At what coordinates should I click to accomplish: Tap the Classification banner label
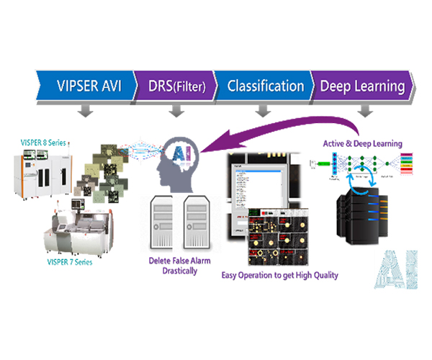point(266,86)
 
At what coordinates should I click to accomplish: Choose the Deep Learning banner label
point(362,86)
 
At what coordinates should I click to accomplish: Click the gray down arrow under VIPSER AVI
point(85,110)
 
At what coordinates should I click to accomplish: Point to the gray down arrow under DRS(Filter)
point(175,110)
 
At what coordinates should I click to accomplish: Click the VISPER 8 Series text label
point(44,143)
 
